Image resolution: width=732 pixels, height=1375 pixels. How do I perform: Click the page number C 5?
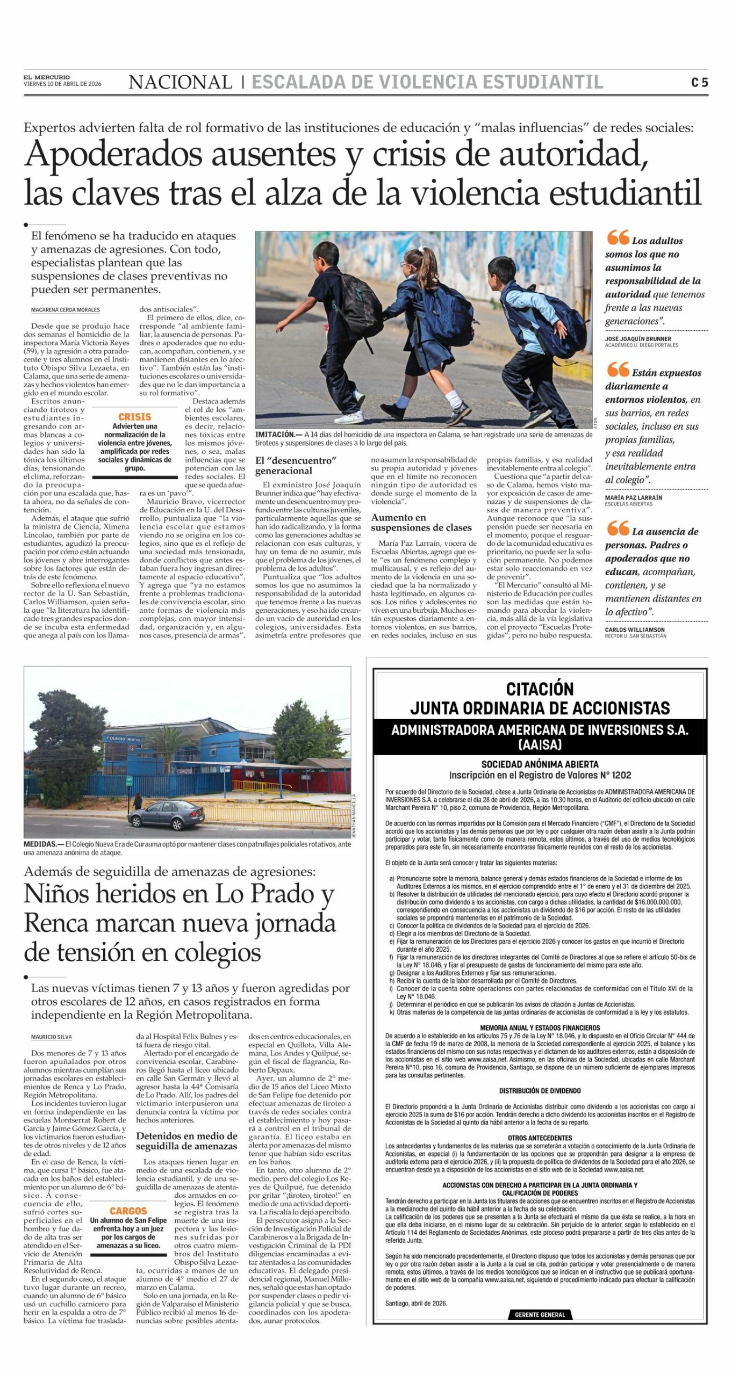699,82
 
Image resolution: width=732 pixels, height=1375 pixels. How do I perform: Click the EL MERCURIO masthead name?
46,77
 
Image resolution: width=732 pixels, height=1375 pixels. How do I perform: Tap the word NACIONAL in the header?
180,82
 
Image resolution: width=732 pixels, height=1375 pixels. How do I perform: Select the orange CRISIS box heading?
134,417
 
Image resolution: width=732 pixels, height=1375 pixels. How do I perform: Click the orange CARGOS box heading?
128,1211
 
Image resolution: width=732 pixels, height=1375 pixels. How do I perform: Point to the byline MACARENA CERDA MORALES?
65,310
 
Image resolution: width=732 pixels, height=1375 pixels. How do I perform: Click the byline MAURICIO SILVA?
51,1037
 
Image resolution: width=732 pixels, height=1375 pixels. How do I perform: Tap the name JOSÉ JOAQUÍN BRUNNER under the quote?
638,339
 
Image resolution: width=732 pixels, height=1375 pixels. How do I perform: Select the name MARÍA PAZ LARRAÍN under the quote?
634,497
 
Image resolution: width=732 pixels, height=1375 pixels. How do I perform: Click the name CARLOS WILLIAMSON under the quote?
635,629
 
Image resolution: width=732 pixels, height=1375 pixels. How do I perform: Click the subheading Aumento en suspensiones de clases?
421,523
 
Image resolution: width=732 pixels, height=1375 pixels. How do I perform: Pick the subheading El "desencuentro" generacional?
295,466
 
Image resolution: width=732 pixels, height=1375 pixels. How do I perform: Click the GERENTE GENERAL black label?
540,1314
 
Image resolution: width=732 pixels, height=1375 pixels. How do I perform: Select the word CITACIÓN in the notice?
540,689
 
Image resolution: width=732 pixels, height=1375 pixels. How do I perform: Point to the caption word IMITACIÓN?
275,435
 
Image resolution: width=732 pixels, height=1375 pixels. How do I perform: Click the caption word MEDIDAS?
40,844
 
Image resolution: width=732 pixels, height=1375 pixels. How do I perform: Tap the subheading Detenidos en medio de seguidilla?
186,1141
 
